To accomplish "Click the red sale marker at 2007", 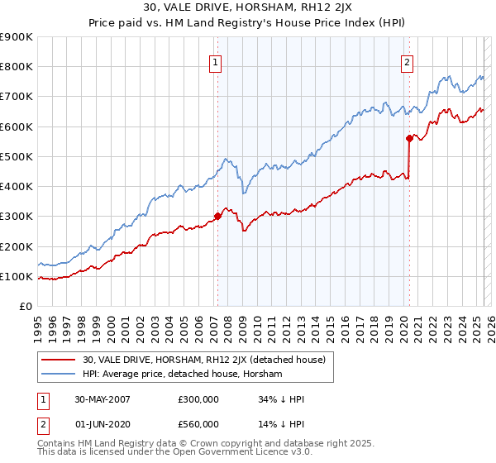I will (217, 217).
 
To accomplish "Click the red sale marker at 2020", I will (409, 139).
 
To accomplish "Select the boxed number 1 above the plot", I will (215, 60).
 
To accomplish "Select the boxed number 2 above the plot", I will (408, 60).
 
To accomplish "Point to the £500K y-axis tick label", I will (17, 156).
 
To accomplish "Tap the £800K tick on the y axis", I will (17, 67).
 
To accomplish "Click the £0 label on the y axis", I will (26, 306).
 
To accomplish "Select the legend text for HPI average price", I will (183, 374).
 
